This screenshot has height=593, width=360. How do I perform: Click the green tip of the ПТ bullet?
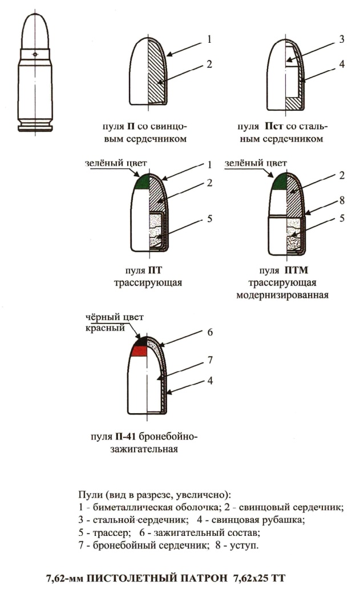coord(143,182)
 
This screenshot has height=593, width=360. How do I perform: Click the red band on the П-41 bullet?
coord(139,351)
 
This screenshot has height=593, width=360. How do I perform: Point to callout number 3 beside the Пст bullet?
coord(342,39)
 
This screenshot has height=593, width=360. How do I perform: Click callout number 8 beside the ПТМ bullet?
coord(342,201)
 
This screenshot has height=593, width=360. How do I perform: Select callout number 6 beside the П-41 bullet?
coord(210,332)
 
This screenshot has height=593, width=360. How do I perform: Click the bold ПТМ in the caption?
coord(292,270)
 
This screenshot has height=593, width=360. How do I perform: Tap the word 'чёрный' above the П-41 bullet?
coord(98,317)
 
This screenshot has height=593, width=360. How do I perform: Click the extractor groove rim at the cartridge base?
coord(35,126)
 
